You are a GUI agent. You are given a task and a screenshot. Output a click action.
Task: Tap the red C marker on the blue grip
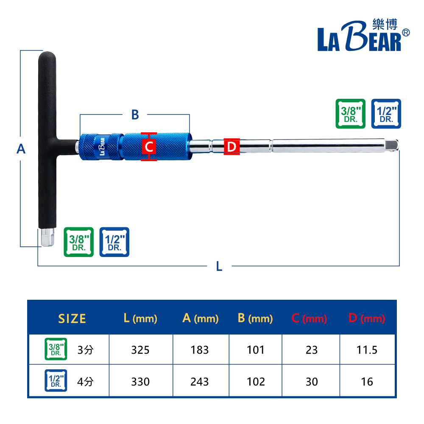pyautogui.click(x=149, y=147)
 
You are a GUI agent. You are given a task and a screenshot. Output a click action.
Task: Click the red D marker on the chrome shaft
pyautogui.click(x=232, y=147)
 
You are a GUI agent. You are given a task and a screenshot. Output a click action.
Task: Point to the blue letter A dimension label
pyautogui.click(x=21, y=149)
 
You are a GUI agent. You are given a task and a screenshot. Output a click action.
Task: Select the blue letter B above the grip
pyautogui.click(x=135, y=114)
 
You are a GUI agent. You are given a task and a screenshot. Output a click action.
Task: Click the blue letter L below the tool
pyautogui.click(x=219, y=266)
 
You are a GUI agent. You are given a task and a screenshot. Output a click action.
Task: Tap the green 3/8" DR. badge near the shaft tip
pyautogui.click(x=350, y=114)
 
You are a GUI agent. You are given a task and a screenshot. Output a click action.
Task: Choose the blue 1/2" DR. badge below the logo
pyautogui.click(x=386, y=114)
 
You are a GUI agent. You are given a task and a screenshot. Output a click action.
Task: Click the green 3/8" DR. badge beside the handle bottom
pyautogui.click(x=78, y=242)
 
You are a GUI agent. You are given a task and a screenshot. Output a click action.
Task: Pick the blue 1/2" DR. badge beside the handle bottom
pyautogui.click(x=114, y=242)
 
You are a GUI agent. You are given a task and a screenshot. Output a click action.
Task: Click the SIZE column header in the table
pyautogui.click(x=72, y=318)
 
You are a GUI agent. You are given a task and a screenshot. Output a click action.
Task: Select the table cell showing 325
pyautogui.click(x=140, y=350)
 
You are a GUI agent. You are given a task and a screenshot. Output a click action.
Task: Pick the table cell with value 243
pyautogui.click(x=200, y=382)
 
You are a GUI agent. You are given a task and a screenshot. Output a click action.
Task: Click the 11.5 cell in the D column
pyautogui.click(x=367, y=350)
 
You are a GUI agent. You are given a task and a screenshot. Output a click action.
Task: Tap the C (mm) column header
pyautogui.click(x=309, y=318)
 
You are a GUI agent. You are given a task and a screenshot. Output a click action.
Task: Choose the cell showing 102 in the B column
pyautogui.click(x=256, y=382)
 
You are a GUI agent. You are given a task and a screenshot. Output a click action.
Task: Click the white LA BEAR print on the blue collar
pyautogui.click(x=102, y=146)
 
